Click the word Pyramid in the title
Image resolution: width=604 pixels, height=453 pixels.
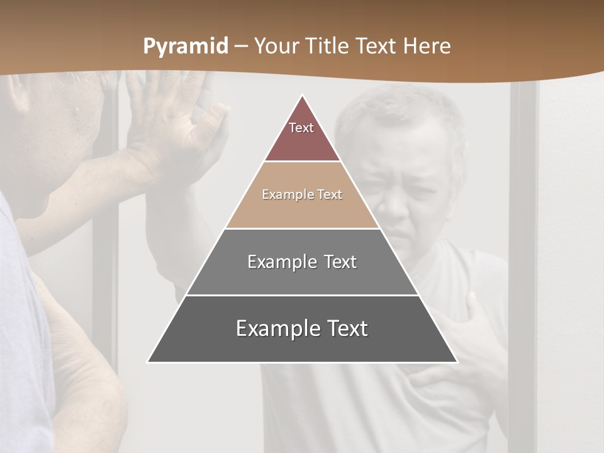click(186, 47)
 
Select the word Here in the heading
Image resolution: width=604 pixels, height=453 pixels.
click(427, 46)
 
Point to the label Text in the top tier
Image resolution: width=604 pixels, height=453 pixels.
click(301, 128)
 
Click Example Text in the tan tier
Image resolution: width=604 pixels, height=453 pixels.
click(302, 194)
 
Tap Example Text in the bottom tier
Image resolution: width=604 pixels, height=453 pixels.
click(302, 328)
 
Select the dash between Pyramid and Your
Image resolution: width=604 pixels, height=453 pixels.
click(241, 47)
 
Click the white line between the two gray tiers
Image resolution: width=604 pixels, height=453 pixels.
click(302, 295)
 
